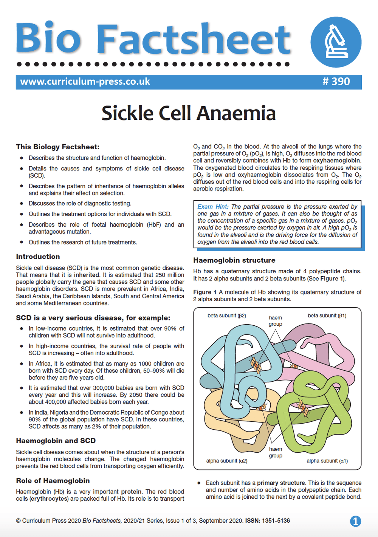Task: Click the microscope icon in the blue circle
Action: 336,42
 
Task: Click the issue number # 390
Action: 336,82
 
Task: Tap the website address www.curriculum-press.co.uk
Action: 85,82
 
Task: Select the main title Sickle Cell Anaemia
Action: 189,113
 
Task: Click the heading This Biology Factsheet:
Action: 58,147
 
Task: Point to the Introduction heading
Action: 38,257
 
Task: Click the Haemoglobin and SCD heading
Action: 56,441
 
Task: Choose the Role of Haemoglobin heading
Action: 53,481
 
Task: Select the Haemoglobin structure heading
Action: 234,260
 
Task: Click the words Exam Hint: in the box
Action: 213,207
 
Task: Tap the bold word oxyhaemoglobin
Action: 336,161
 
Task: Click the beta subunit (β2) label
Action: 227,316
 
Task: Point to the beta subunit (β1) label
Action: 327,316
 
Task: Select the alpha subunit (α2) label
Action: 227,461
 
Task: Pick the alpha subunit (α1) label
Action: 327,461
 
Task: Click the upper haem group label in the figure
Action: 276,321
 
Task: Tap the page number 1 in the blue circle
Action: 355,521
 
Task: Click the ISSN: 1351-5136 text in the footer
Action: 268,521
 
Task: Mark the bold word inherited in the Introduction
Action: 87,275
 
